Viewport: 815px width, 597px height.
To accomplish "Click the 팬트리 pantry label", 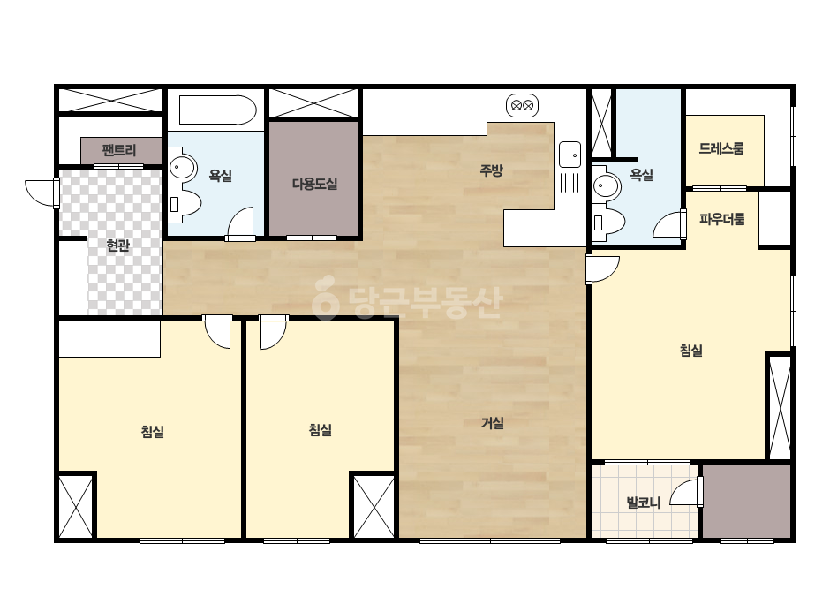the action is (119, 151).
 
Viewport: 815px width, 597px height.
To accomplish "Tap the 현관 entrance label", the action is (117, 245).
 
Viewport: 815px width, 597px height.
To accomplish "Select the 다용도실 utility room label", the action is (314, 184).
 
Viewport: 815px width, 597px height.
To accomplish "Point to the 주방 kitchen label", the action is (491, 170).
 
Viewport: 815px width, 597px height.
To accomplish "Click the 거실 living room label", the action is (492, 423).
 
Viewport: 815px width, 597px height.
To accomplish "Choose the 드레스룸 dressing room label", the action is (721, 148).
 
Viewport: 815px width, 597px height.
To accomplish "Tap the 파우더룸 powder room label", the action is (722, 219).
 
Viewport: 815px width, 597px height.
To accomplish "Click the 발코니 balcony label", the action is (644, 503).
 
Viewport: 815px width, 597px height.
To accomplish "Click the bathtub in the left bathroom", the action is (218, 110).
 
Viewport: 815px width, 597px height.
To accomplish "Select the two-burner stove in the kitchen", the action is (523, 106).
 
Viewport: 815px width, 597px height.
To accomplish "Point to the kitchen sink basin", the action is (570, 155).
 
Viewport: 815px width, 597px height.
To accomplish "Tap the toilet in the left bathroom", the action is (185, 203).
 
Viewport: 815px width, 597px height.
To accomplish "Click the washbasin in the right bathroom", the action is (606, 185).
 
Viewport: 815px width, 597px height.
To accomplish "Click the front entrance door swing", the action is (41, 193).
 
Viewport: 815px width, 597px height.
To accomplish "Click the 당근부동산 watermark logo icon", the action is (326, 297).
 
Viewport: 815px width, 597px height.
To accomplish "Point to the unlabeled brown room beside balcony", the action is (746, 501).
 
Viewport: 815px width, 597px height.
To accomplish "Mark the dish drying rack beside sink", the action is (570, 183).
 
